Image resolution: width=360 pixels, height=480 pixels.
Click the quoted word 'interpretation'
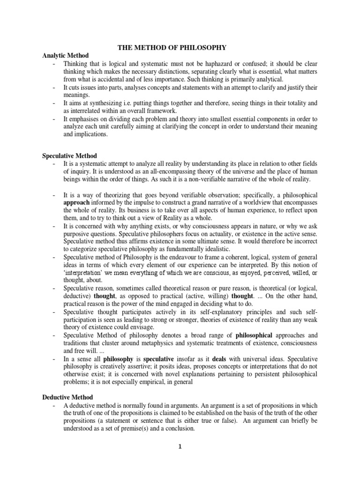coord(84,273)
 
